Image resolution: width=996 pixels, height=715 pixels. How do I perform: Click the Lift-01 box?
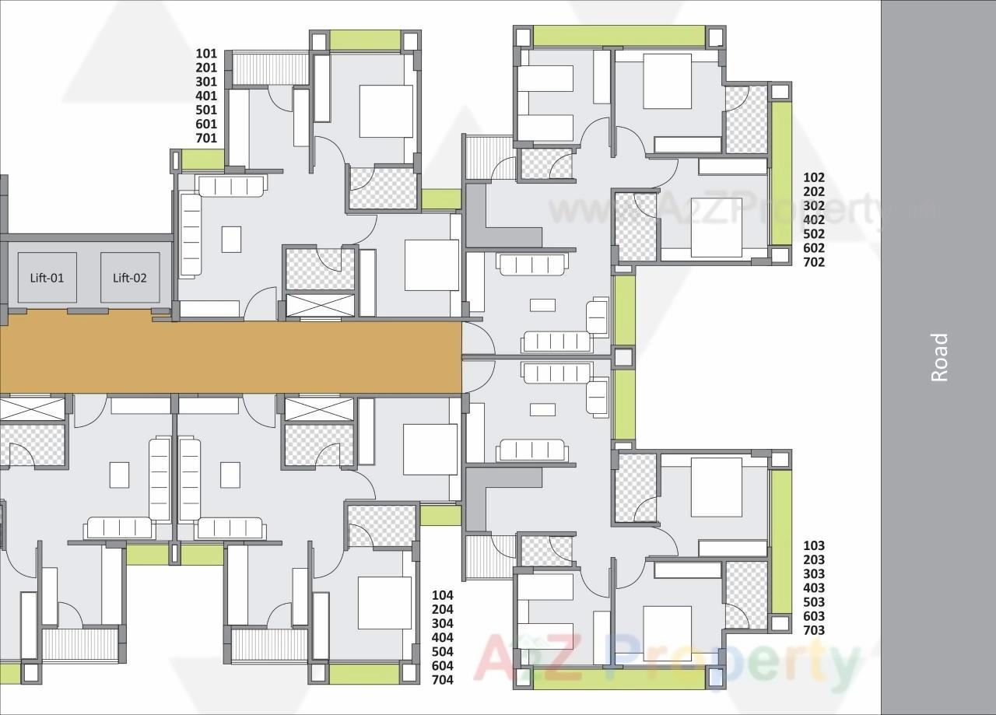point(47,278)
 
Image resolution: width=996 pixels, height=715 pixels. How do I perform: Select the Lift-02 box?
point(130,278)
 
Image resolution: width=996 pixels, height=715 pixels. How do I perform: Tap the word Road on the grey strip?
point(940,357)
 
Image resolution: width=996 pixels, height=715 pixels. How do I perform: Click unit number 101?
point(206,54)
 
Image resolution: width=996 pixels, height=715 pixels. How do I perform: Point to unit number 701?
point(206,138)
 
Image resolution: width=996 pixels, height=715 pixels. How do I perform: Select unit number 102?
point(814,177)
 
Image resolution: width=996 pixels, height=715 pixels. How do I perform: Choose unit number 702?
point(814,262)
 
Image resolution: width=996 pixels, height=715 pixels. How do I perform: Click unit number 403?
point(814,588)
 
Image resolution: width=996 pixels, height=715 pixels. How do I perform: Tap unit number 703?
point(814,630)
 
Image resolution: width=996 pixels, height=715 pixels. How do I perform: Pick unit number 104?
point(442,596)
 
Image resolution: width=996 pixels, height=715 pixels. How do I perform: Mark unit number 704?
point(442,680)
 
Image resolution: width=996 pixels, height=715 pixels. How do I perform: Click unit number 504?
point(442,652)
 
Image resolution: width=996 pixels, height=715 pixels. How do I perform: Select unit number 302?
point(814,206)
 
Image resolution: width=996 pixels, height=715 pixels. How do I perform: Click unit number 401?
point(206,96)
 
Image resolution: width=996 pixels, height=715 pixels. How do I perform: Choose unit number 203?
point(814,560)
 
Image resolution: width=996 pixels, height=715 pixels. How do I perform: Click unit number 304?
point(442,624)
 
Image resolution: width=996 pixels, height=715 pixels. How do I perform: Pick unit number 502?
point(814,234)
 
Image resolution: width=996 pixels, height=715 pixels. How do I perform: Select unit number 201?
point(206,68)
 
